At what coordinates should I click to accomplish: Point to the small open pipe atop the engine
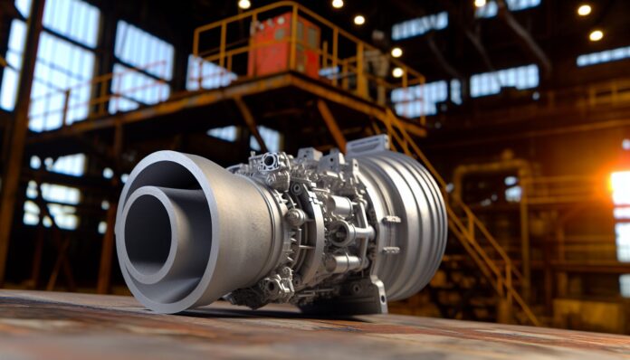269,161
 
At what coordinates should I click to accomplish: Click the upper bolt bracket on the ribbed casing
391,220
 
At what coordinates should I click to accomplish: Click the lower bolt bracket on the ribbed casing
390,250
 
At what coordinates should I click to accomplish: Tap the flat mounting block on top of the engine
367,145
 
